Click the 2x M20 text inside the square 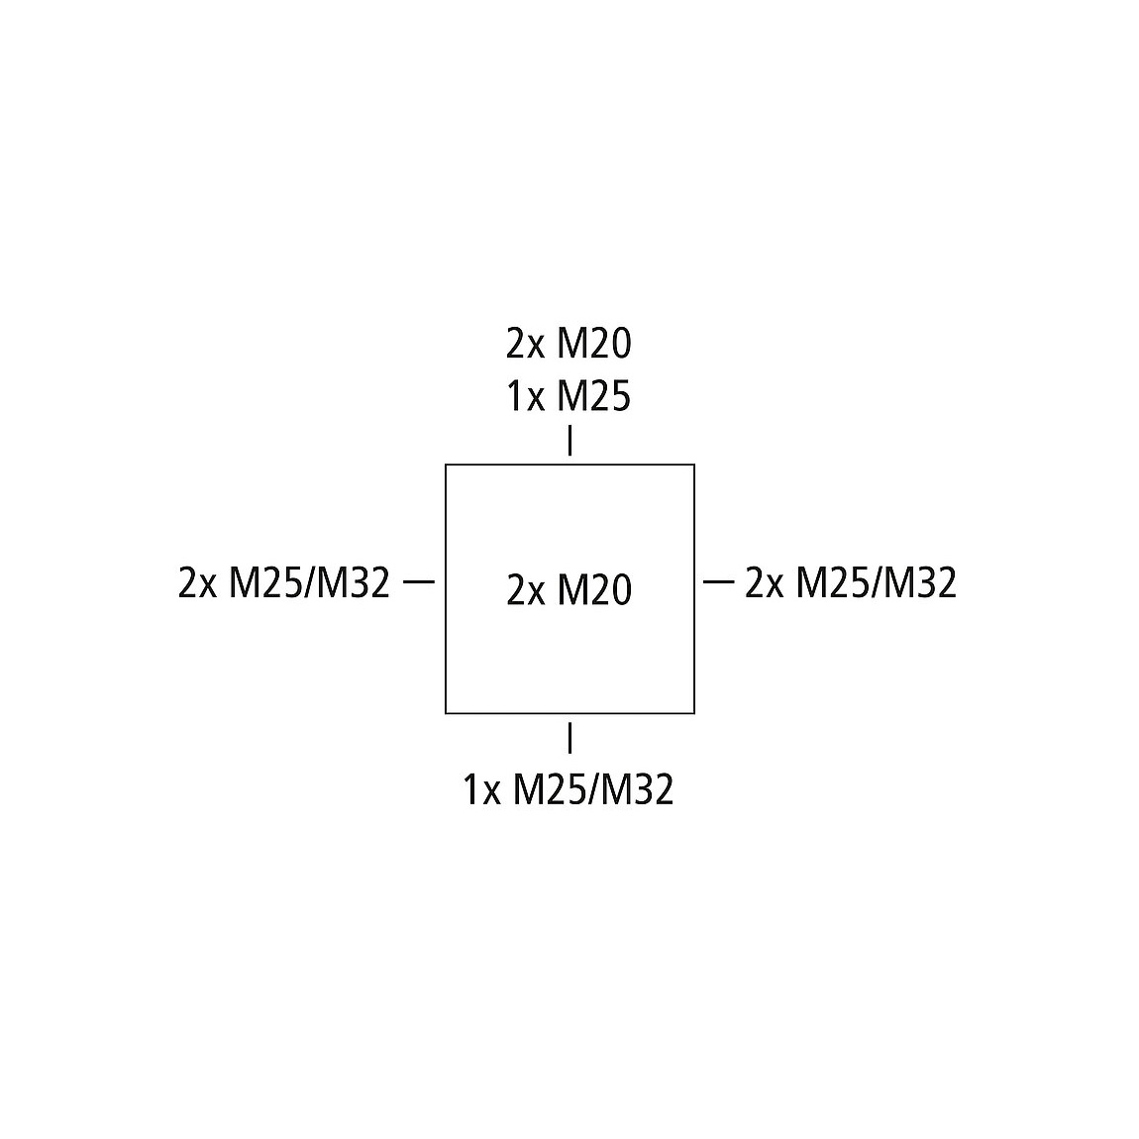pyautogui.click(x=569, y=590)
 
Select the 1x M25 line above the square pyautogui.click(x=569, y=396)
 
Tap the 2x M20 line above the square pyautogui.click(x=569, y=344)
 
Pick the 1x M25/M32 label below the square pyautogui.click(x=569, y=790)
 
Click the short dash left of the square pyautogui.click(x=420, y=582)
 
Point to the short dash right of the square pyautogui.click(x=718, y=582)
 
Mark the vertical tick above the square pyautogui.click(x=569, y=441)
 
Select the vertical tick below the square pyautogui.click(x=569, y=738)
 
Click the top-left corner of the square pyautogui.click(x=446, y=465)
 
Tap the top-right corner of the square pyautogui.click(x=694, y=465)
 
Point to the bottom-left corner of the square pyautogui.click(x=446, y=712)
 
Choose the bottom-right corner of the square pyautogui.click(x=694, y=712)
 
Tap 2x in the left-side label pyautogui.click(x=197, y=583)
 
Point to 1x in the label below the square pyautogui.click(x=482, y=790)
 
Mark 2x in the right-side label pyautogui.click(x=764, y=583)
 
